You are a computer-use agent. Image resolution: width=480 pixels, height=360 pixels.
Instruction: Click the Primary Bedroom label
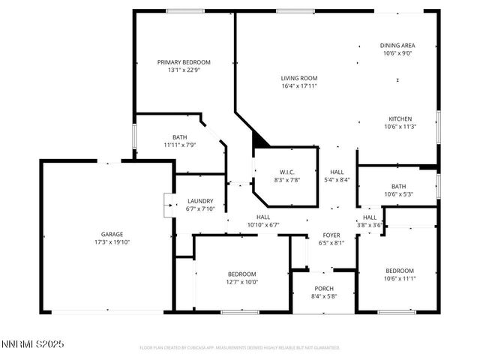coord(184,62)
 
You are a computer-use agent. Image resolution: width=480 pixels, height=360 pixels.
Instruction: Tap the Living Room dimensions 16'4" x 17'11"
coord(299,85)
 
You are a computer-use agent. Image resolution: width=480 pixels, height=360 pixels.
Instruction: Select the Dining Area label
coord(397,46)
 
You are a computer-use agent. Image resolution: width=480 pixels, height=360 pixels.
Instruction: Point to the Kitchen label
coord(400,119)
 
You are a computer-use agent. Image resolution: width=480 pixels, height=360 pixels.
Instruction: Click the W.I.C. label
coord(287,172)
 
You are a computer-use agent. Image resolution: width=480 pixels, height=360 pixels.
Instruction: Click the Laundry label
coord(200,201)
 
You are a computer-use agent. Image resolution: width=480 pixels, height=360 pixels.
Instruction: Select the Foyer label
coord(331,235)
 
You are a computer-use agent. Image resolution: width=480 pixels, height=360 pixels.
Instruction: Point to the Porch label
coord(324,289)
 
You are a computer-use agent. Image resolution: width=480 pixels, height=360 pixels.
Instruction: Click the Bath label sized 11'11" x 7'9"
coord(180,137)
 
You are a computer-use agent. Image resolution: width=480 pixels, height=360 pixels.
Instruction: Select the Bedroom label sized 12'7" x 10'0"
coord(242,274)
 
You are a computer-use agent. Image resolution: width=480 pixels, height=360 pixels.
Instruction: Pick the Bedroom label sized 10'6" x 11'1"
coord(400,271)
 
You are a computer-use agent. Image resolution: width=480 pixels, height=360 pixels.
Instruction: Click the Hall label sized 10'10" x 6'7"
coord(263,217)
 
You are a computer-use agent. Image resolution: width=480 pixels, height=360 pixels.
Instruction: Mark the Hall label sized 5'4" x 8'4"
coord(336,172)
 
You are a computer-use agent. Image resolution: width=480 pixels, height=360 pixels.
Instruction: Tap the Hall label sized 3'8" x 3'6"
coord(370,217)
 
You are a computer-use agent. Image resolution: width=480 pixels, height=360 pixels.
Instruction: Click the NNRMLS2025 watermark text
coord(33,343)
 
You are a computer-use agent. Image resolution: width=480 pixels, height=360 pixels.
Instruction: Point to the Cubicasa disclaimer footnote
coord(240,348)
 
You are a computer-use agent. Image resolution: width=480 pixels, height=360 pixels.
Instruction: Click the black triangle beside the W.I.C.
coord(259,139)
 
